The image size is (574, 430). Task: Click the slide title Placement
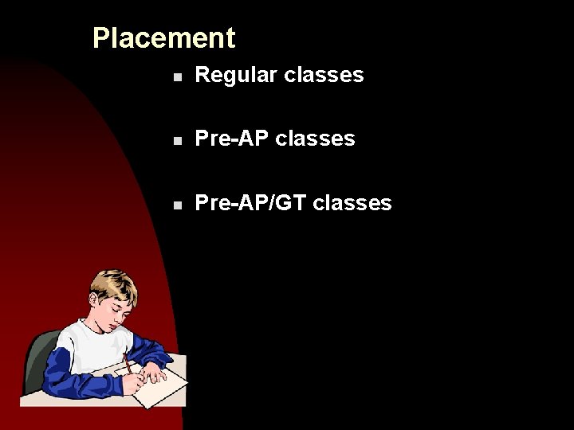(x=163, y=38)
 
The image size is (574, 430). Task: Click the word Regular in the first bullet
(x=226, y=76)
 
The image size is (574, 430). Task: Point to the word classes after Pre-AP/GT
(x=352, y=203)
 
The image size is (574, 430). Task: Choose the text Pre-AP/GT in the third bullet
(x=250, y=203)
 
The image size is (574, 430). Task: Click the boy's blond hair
(x=112, y=283)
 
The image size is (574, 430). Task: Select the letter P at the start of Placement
(x=100, y=38)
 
